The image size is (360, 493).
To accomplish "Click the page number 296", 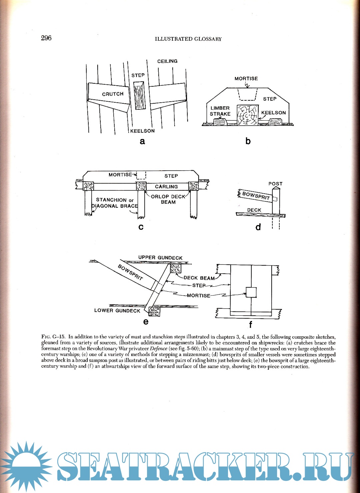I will point(46,38).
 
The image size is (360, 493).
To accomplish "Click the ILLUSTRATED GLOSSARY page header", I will point(188,39).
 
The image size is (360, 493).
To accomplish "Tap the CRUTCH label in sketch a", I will point(113,94).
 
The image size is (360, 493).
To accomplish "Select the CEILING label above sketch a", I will point(167,61).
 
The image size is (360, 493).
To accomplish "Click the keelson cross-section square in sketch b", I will point(247,115).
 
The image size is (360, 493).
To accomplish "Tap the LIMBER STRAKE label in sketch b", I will point(220,111).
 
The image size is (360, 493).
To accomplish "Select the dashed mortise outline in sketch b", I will point(247,94).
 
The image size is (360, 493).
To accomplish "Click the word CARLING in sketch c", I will point(166,187).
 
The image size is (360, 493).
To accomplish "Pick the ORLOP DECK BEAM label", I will point(168,199).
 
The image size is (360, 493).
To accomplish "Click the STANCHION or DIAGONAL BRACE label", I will point(115,203).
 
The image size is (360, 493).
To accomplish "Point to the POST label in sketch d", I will point(275,184).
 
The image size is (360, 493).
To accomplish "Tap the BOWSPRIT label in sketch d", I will point(256,196).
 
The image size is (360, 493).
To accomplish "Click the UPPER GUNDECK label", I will point(160,258).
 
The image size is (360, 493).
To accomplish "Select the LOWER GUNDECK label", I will point(117,311).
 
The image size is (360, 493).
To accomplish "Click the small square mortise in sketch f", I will point(251,292).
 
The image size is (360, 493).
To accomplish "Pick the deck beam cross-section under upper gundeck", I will point(175,268).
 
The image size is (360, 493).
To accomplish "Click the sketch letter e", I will point(146,322).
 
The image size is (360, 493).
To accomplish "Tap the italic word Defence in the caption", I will point(159,349).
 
